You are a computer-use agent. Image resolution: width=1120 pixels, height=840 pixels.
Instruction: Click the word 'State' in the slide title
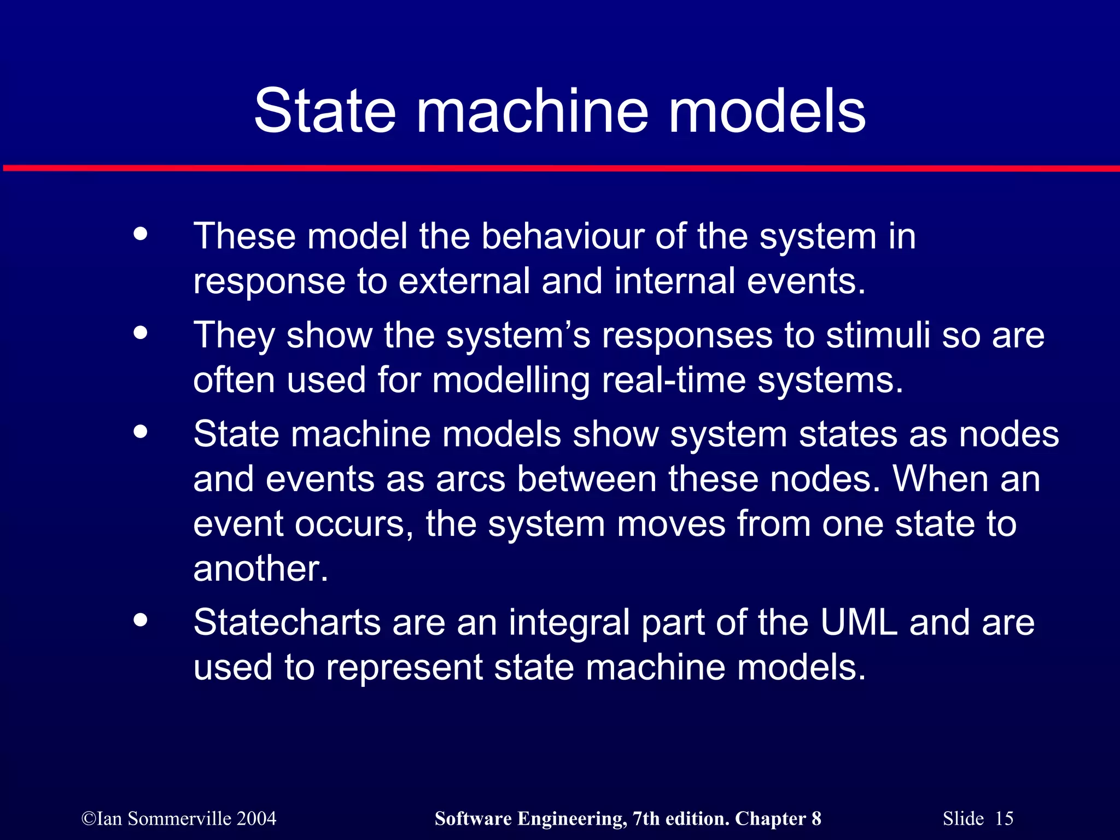325,111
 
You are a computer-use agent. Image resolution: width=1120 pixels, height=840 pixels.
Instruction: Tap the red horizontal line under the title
560,168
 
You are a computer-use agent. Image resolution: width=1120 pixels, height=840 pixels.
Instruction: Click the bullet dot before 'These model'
141,234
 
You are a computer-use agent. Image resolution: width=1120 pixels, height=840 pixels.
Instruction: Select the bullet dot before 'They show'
141,332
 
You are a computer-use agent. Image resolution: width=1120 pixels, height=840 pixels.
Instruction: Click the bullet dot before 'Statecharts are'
141,620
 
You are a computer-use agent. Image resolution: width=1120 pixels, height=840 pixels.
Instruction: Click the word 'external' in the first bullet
464,281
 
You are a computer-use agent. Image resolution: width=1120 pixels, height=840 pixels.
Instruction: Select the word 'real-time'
673,380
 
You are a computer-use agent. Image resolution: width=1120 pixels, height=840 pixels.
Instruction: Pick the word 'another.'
261,569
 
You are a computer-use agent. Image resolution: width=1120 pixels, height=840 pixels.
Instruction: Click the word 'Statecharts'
287,622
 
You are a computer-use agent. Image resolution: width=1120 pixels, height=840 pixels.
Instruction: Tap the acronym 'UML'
859,622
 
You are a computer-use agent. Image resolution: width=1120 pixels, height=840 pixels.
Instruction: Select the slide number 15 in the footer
1004,819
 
